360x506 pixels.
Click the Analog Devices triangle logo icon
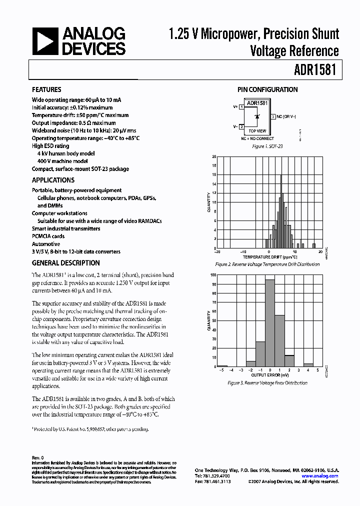pos(45,41)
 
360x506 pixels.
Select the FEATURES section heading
pos(46,90)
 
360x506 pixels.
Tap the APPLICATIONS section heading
pos(53,180)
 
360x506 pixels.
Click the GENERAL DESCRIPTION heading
pos(66,263)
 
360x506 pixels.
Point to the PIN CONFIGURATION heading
pos(267,90)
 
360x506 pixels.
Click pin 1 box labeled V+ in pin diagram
pos(242,106)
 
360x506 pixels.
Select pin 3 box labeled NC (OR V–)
pos(273,116)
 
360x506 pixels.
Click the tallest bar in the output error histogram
pos(270,323)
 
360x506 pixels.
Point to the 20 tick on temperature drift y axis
pos(214,156)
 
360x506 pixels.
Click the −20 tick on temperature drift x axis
pos(217,252)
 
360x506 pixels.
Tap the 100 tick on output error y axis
pos(213,275)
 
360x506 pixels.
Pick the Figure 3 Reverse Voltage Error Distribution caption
pos(267,383)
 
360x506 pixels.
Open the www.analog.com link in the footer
pos(320,476)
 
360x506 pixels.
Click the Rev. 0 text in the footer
pos(38,457)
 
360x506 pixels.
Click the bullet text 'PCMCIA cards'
pos(48,236)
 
